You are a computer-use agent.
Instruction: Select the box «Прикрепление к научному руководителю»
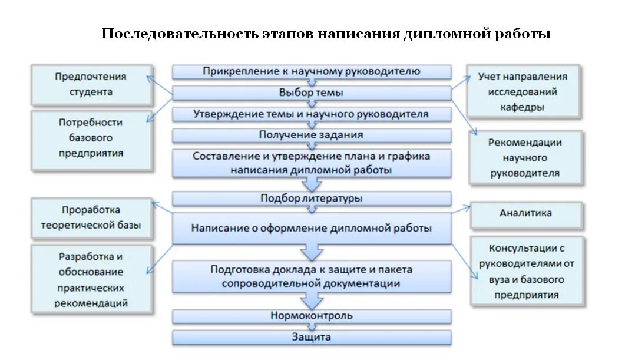pos(312,72)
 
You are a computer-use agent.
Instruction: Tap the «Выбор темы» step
pos(312,93)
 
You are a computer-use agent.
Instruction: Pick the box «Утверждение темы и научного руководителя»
pos(312,114)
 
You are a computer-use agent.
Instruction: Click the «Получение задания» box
pos(312,135)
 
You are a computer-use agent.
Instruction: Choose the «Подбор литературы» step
pos(312,199)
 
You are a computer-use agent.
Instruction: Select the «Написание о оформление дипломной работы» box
pos(312,228)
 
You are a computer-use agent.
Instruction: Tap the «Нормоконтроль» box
pos(312,316)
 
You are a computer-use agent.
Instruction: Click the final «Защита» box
pos(312,338)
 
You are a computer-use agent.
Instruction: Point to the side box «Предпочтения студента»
pos(91,84)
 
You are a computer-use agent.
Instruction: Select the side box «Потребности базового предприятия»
pos(91,138)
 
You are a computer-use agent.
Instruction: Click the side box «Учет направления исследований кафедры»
pos(523,92)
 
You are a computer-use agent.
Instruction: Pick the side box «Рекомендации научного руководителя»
pos(525,158)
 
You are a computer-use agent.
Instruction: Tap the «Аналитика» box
pos(526,213)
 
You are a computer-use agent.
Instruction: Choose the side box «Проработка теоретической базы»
pos(91,217)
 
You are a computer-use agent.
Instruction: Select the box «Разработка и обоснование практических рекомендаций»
pos(91,280)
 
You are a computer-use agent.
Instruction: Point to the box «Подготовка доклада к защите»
pos(312,276)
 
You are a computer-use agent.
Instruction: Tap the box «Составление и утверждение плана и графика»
pos(312,163)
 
